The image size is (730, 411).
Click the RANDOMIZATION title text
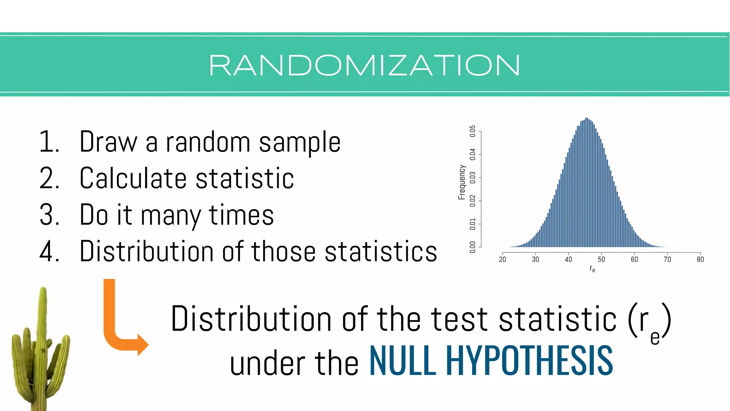click(x=364, y=65)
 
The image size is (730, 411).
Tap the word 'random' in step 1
click(x=208, y=142)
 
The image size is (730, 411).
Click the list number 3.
click(x=49, y=215)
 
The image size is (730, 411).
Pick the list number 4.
click(x=49, y=252)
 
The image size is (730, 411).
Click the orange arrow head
click(x=143, y=345)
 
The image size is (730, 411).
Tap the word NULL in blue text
click(x=402, y=361)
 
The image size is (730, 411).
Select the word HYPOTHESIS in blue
click(x=529, y=361)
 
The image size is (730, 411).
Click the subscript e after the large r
click(x=655, y=338)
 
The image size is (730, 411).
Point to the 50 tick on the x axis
click(x=601, y=259)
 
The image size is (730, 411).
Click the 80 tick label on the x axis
click(x=700, y=259)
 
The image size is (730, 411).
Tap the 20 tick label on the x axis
click(x=502, y=259)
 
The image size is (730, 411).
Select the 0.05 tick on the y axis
click(x=473, y=131)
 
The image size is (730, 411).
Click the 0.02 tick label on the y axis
click(x=473, y=201)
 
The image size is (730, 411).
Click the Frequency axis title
click(x=462, y=182)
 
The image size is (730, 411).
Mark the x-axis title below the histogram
click(x=592, y=269)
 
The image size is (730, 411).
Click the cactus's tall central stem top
click(x=43, y=290)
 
